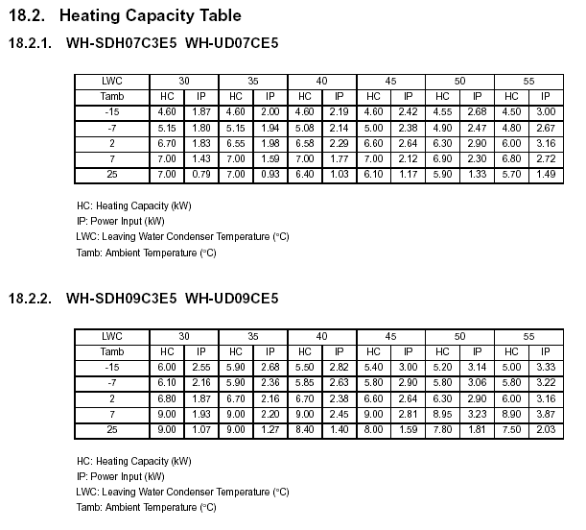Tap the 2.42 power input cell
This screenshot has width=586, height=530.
408,112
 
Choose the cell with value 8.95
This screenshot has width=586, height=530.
442,414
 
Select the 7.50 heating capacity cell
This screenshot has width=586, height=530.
511,429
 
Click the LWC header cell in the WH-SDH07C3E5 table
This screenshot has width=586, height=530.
112,82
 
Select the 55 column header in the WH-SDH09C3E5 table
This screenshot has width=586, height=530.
528,336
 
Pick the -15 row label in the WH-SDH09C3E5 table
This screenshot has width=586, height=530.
112,367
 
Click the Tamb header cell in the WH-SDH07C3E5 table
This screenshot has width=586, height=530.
112,97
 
